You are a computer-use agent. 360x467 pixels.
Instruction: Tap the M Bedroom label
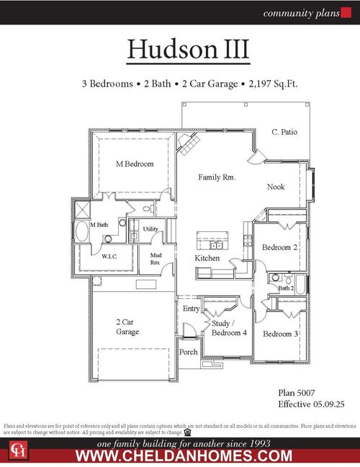[135, 164]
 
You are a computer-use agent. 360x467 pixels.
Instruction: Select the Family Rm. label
[217, 177]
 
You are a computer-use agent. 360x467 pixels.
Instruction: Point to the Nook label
[276, 187]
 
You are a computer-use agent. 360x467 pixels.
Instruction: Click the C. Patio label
[284, 132]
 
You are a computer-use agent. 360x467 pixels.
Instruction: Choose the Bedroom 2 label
[279, 247]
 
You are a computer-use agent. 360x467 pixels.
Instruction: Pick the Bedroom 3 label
[279, 334]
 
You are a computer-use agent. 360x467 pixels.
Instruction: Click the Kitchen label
[207, 258]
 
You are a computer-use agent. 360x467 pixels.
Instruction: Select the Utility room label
[150, 229]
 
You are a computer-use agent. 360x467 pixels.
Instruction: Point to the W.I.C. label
[109, 256]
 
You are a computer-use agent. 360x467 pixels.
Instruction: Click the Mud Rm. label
[156, 259]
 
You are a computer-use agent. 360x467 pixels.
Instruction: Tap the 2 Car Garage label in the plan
[127, 327]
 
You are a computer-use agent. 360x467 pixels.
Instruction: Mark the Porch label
[189, 352]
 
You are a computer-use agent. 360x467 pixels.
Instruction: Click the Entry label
[191, 308]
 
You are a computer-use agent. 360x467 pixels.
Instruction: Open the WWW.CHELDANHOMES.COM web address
[184, 455]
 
